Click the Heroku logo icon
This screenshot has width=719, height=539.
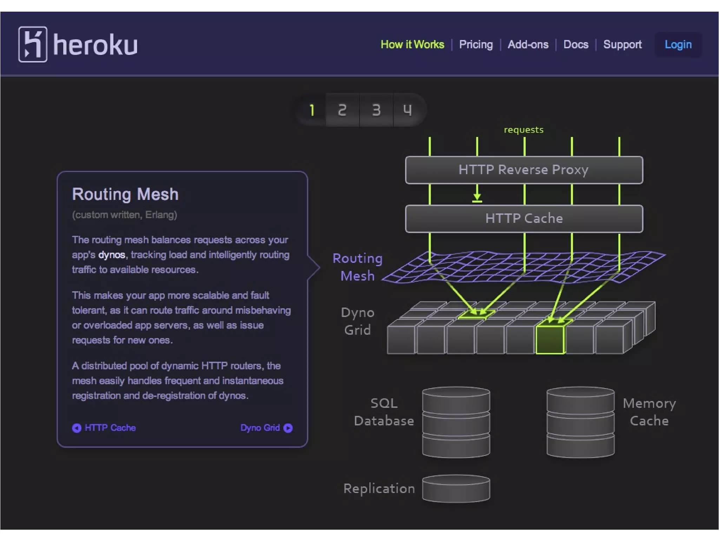pos(33,45)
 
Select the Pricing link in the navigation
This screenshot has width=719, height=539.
pos(476,45)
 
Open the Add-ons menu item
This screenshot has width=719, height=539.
pos(528,45)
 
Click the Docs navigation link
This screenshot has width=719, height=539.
pos(576,45)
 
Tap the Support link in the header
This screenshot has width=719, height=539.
pos(622,45)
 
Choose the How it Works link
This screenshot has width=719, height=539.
pos(412,45)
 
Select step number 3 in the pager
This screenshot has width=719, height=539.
pos(376,110)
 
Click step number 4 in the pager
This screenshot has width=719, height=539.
pos(407,110)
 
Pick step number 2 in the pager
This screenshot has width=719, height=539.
pos(342,110)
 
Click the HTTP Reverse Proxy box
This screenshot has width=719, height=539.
pos(524,170)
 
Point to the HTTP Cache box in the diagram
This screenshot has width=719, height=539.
pos(524,219)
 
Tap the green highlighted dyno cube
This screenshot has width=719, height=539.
pos(550,339)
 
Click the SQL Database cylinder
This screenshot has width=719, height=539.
pos(456,422)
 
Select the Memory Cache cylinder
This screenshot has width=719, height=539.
pos(580,422)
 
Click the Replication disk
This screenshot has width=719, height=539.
pos(456,488)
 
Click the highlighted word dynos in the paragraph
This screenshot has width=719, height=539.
pos(112,255)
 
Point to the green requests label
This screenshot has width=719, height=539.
pos(523,130)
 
